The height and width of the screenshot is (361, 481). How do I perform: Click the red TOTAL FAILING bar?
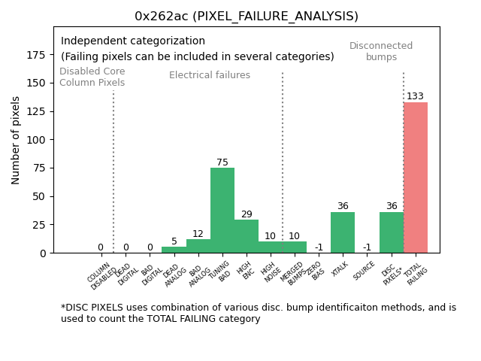pos(416,177)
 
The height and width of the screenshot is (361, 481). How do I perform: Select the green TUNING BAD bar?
pos(222,211)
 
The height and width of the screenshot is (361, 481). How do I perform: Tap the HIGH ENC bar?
pos(247,236)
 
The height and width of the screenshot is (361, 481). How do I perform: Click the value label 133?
pos(416,96)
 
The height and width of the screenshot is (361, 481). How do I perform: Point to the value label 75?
pos(222,162)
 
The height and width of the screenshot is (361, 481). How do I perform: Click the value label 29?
pos(247,214)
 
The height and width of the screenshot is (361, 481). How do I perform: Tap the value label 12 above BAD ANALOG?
pos(198,234)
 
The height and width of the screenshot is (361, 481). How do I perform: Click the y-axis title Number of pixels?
pos(16,140)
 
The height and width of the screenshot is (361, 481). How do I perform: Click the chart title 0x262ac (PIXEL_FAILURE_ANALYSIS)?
pos(247,16)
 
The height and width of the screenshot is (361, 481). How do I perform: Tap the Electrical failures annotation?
pos(210,75)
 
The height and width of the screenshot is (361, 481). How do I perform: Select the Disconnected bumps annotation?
pos(381,51)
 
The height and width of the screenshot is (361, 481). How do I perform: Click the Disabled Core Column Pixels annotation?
pos(92,77)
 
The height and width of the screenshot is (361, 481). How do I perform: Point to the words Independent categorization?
pos(133,41)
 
